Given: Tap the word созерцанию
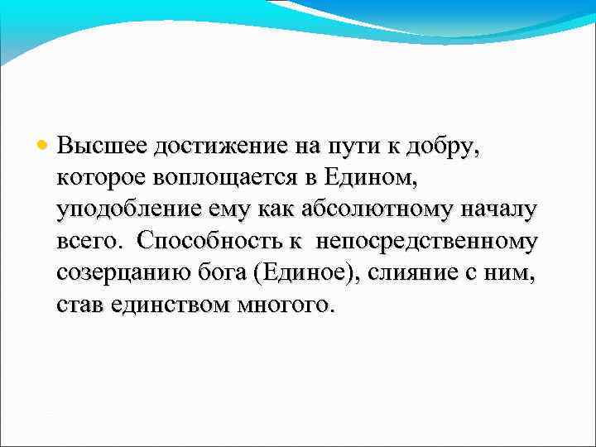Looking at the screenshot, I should [x=115, y=272].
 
